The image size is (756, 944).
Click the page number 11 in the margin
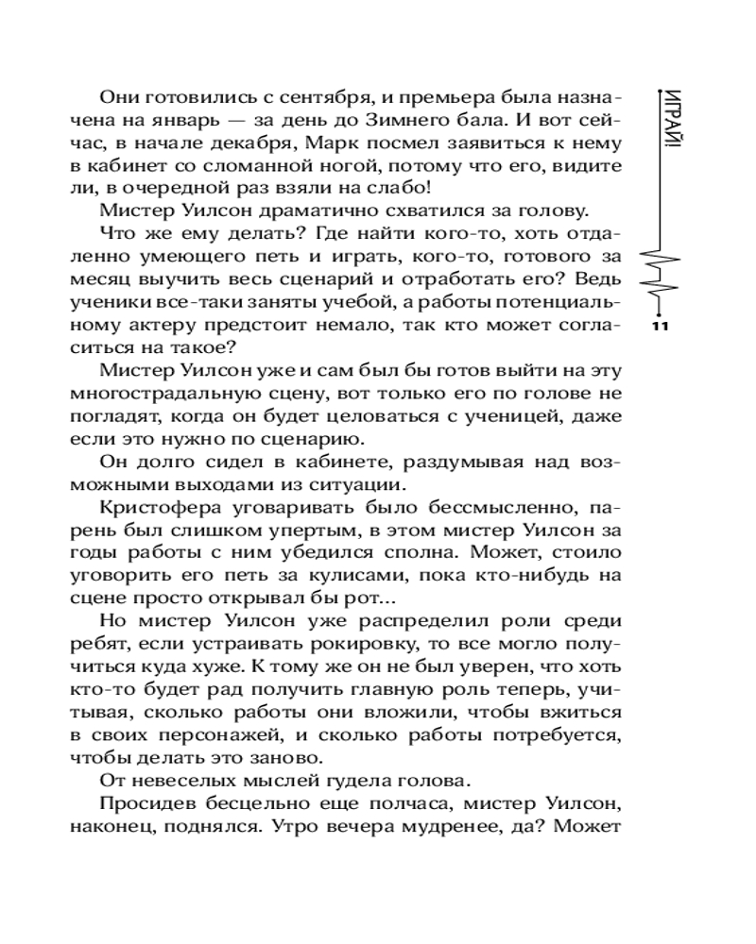[x=661, y=327]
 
